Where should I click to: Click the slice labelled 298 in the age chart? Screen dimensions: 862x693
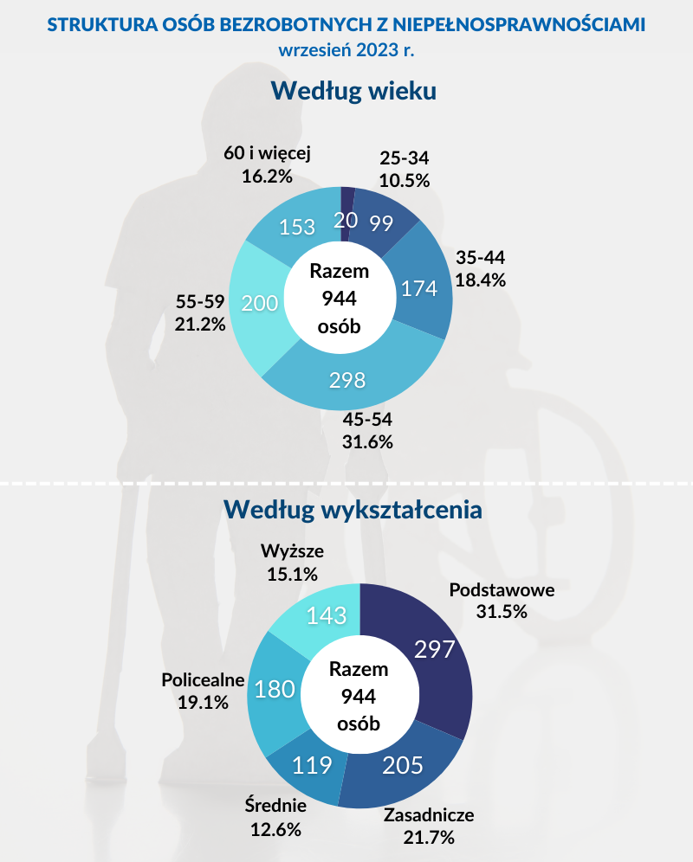pyautogui.click(x=346, y=381)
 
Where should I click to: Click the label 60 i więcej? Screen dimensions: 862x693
pyautogui.click(x=267, y=153)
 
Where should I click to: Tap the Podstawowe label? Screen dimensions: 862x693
pyautogui.click(x=502, y=590)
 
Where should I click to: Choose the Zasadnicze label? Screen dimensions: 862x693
pyautogui.click(x=429, y=815)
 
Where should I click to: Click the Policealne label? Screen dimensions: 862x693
pyautogui.click(x=203, y=680)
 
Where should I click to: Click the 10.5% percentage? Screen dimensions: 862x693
pyautogui.click(x=405, y=180)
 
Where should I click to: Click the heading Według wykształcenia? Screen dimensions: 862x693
pyautogui.click(x=353, y=509)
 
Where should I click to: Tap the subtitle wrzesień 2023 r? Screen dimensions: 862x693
pyautogui.click(x=346, y=49)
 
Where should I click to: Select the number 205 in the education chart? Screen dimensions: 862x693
pyautogui.click(x=404, y=765)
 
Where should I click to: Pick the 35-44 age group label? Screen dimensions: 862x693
pyautogui.click(x=480, y=258)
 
